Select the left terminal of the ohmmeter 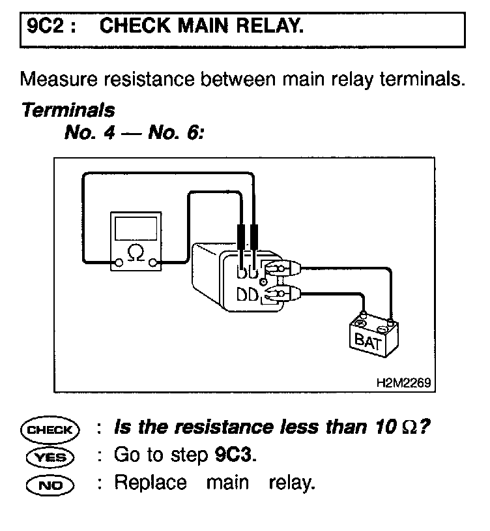tap(119, 264)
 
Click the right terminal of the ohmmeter tap(154, 264)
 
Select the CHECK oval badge tap(50, 429)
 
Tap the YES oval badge tap(50, 457)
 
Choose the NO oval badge tap(50, 485)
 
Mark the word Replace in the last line tap(151, 483)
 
